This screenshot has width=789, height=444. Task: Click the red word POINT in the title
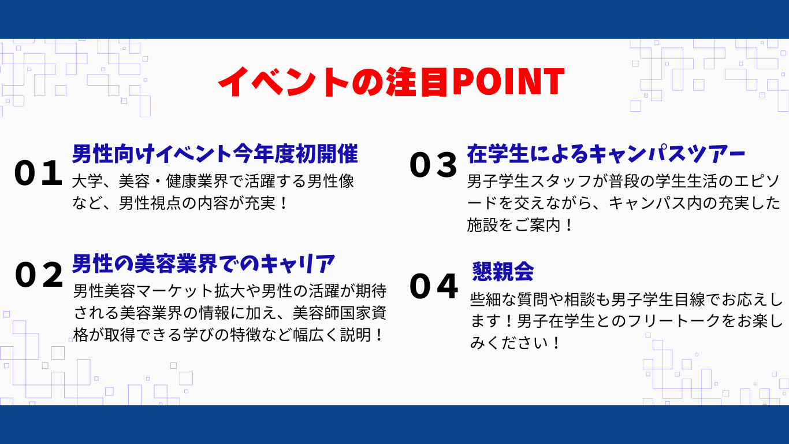pyautogui.click(x=508, y=82)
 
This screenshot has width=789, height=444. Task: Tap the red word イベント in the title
pyautogui.click(x=284, y=82)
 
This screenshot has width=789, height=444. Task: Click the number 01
pyautogui.click(x=38, y=173)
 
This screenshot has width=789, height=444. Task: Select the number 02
pyautogui.click(x=39, y=275)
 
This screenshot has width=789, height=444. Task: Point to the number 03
pyautogui.click(x=434, y=165)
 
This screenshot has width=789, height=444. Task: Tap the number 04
pyautogui.click(x=434, y=286)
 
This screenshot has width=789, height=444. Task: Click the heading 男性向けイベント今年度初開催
pyautogui.click(x=215, y=154)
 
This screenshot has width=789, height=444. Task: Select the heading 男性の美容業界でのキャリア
pyautogui.click(x=203, y=264)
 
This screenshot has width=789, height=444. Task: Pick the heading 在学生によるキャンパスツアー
pyautogui.click(x=606, y=154)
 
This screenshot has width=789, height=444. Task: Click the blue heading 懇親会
pyautogui.click(x=503, y=271)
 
